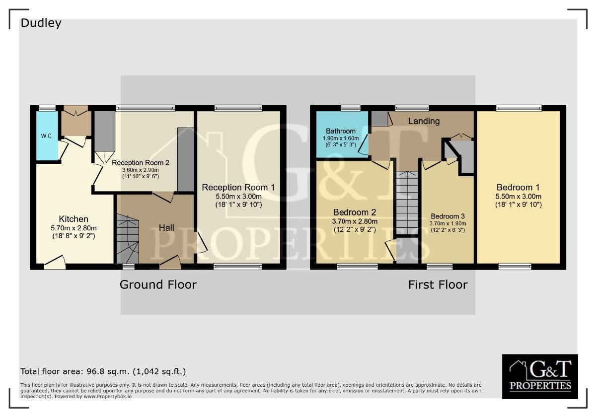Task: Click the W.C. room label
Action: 47,136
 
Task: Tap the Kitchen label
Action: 74,219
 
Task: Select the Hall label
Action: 166,228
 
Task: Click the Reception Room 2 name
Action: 141,162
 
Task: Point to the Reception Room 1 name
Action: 238,187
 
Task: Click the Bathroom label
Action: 341,131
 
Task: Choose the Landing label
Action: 424,121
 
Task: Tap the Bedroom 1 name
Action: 518,187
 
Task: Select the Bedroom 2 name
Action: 355,212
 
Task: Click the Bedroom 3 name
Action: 448,216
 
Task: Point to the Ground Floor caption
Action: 158,284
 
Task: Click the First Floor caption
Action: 438,285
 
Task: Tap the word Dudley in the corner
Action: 41,23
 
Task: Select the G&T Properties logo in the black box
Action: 540,376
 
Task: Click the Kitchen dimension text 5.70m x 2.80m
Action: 74,228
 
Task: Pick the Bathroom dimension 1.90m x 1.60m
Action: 341,139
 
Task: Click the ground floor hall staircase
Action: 128,239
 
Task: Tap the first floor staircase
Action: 407,203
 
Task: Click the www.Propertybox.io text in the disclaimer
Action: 107,396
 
